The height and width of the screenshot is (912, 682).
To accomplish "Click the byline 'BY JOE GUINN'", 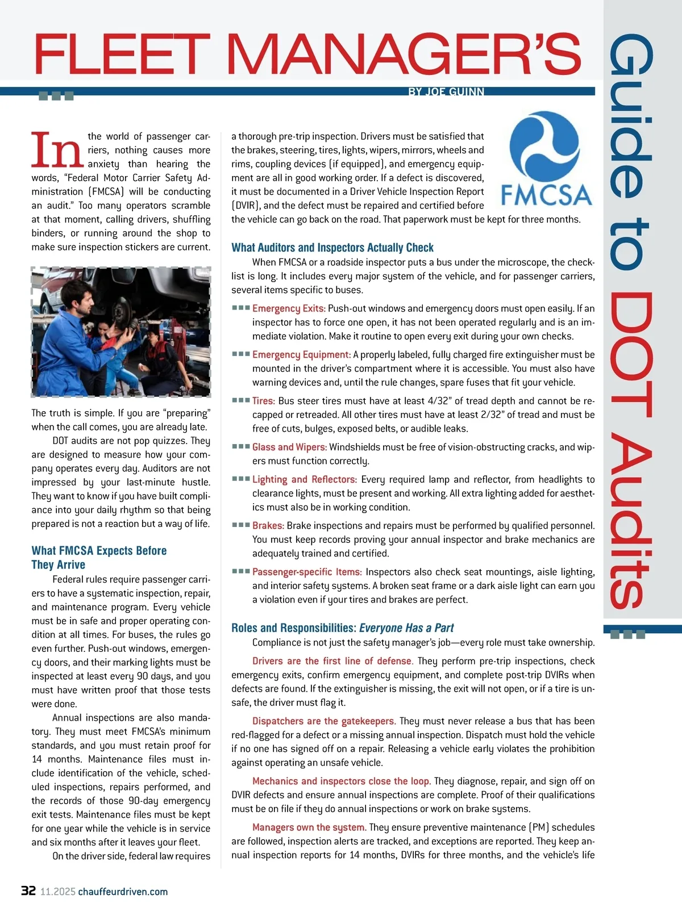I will coord(446,91).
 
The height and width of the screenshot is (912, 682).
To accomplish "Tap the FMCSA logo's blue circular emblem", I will coord(544,146).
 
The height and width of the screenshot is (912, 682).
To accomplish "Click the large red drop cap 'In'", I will coord(56,150).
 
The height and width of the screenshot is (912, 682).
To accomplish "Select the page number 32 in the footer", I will coord(28,890).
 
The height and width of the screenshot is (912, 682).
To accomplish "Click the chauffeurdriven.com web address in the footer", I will coord(123,892).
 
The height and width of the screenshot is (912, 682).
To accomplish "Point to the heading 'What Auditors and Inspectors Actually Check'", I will coord(332,248).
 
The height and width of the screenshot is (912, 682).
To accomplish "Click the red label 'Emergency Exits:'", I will coord(289,308).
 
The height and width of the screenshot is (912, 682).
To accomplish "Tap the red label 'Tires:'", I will coord(264,401).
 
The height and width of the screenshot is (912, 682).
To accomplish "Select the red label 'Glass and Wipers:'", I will coord(289,447).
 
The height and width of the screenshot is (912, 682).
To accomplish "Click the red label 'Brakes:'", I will coord(268,526).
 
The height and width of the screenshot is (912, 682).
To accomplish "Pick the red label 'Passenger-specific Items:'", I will coord(307,572).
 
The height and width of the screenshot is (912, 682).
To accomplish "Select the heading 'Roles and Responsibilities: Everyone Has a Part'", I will coord(342,628).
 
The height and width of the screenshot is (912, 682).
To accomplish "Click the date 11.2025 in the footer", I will coord(57,892).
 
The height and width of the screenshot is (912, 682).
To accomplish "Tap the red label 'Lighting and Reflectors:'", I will coord(304,479).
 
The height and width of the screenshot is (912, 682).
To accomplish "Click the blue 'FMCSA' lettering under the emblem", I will coord(546,195).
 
